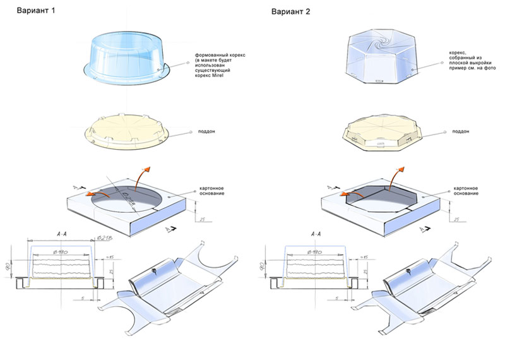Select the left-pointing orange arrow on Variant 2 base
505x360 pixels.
[334, 189]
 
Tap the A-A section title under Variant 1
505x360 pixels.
[64, 234]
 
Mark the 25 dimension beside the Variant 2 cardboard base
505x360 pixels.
[455, 219]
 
